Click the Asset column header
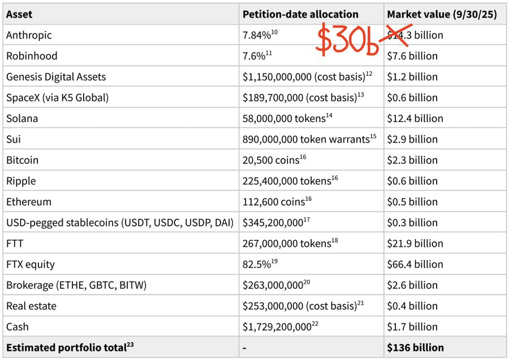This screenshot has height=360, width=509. pos(19,14)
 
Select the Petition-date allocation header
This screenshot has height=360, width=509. pos(300,14)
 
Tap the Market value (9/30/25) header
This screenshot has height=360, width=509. pos(442,14)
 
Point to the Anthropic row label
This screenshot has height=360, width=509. pos(29,35)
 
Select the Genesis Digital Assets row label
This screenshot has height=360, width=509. pos(56,77)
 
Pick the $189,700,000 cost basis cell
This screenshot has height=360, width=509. pos(300,98)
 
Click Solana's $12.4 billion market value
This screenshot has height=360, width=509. pos(415,119)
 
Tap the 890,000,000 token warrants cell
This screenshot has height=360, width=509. pos(306,139)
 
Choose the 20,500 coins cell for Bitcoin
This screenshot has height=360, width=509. pos(271,160)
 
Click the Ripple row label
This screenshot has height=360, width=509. pos(21,181)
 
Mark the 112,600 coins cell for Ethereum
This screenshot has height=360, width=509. pos(271,202)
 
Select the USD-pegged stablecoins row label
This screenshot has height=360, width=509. pos(120,223)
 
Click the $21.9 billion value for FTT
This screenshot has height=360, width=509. pos(415,244)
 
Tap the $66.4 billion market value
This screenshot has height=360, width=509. pos(415,264)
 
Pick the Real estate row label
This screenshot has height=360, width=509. pos(31,306)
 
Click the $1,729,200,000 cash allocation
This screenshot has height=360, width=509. pos(277,327)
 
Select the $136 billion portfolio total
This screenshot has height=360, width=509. pos(415,348)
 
